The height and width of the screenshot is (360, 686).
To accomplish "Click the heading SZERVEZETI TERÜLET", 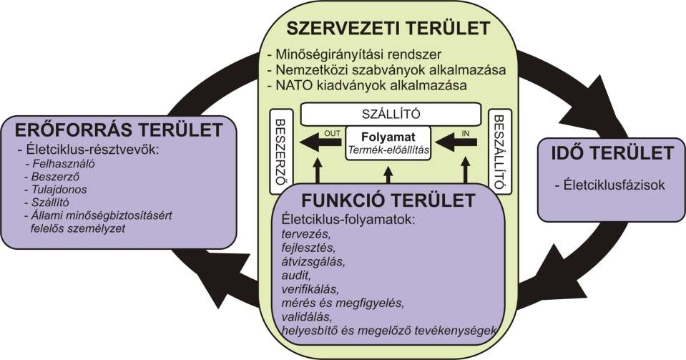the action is tap(388, 29).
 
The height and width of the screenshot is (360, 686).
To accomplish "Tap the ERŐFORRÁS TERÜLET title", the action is tap(119, 130).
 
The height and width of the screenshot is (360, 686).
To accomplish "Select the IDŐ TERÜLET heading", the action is tap(612, 153).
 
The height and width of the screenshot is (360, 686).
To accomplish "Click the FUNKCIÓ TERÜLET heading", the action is tap(388, 200).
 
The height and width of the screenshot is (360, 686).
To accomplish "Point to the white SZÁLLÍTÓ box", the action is tap(391, 114).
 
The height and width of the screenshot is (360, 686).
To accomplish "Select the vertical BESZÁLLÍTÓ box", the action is tap(499, 152).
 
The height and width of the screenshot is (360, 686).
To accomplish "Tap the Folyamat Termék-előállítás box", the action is tap(388, 143).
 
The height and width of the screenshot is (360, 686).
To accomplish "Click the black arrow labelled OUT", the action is tap(320, 143).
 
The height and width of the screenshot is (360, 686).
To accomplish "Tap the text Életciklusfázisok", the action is tap(611, 185).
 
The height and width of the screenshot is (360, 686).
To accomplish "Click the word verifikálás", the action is tap(310, 289).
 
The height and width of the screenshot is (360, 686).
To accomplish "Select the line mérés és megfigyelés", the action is tap(343, 303).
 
